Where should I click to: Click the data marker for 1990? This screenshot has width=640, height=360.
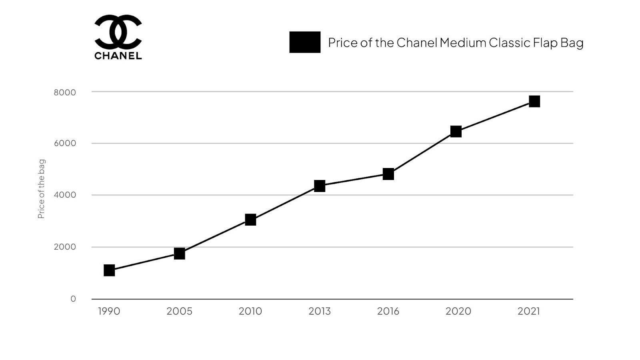[x=109, y=270]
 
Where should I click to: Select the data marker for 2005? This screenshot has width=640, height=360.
[x=180, y=254]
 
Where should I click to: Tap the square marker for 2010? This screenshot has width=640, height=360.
[x=250, y=220]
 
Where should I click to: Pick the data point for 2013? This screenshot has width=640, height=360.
[x=320, y=186]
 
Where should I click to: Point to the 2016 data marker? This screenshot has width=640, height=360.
[x=388, y=174]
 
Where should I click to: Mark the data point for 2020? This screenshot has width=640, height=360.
[x=456, y=131]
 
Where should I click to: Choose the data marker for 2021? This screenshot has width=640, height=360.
[x=534, y=101]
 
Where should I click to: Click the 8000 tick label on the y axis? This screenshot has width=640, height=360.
[x=65, y=92]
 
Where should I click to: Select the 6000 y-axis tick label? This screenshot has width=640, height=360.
[x=65, y=144]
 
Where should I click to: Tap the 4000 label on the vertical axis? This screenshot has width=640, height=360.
[x=65, y=195]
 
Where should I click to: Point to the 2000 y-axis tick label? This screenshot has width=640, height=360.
[x=65, y=247]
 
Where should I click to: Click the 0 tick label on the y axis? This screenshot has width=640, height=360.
[x=73, y=299]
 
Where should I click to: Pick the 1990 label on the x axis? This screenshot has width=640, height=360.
[x=109, y=311]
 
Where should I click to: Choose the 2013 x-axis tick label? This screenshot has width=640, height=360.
[x=320, y=311]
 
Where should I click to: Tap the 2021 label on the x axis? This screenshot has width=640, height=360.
[x=529, y=311]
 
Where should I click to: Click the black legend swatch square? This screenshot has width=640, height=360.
[x=305, y=42]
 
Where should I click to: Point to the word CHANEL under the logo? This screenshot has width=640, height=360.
[x=118, y=56]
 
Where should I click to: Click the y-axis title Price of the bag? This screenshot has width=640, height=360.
[x=41, y=189]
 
